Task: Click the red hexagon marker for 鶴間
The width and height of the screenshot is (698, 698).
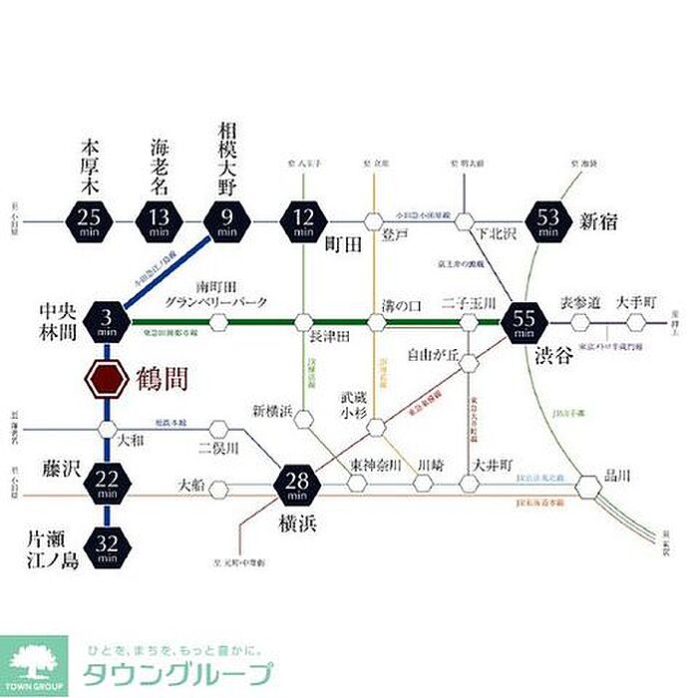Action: [x=106, y=379]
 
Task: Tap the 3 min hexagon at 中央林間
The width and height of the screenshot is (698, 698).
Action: [x=106, y=321]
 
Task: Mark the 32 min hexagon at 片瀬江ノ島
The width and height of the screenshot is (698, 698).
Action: [x=106, y=544]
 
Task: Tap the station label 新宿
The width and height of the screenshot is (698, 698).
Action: [x=600, y=221]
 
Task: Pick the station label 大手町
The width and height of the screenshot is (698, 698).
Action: [x=634, y=300]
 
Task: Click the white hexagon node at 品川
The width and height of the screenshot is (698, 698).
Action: [x=588, y=487]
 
